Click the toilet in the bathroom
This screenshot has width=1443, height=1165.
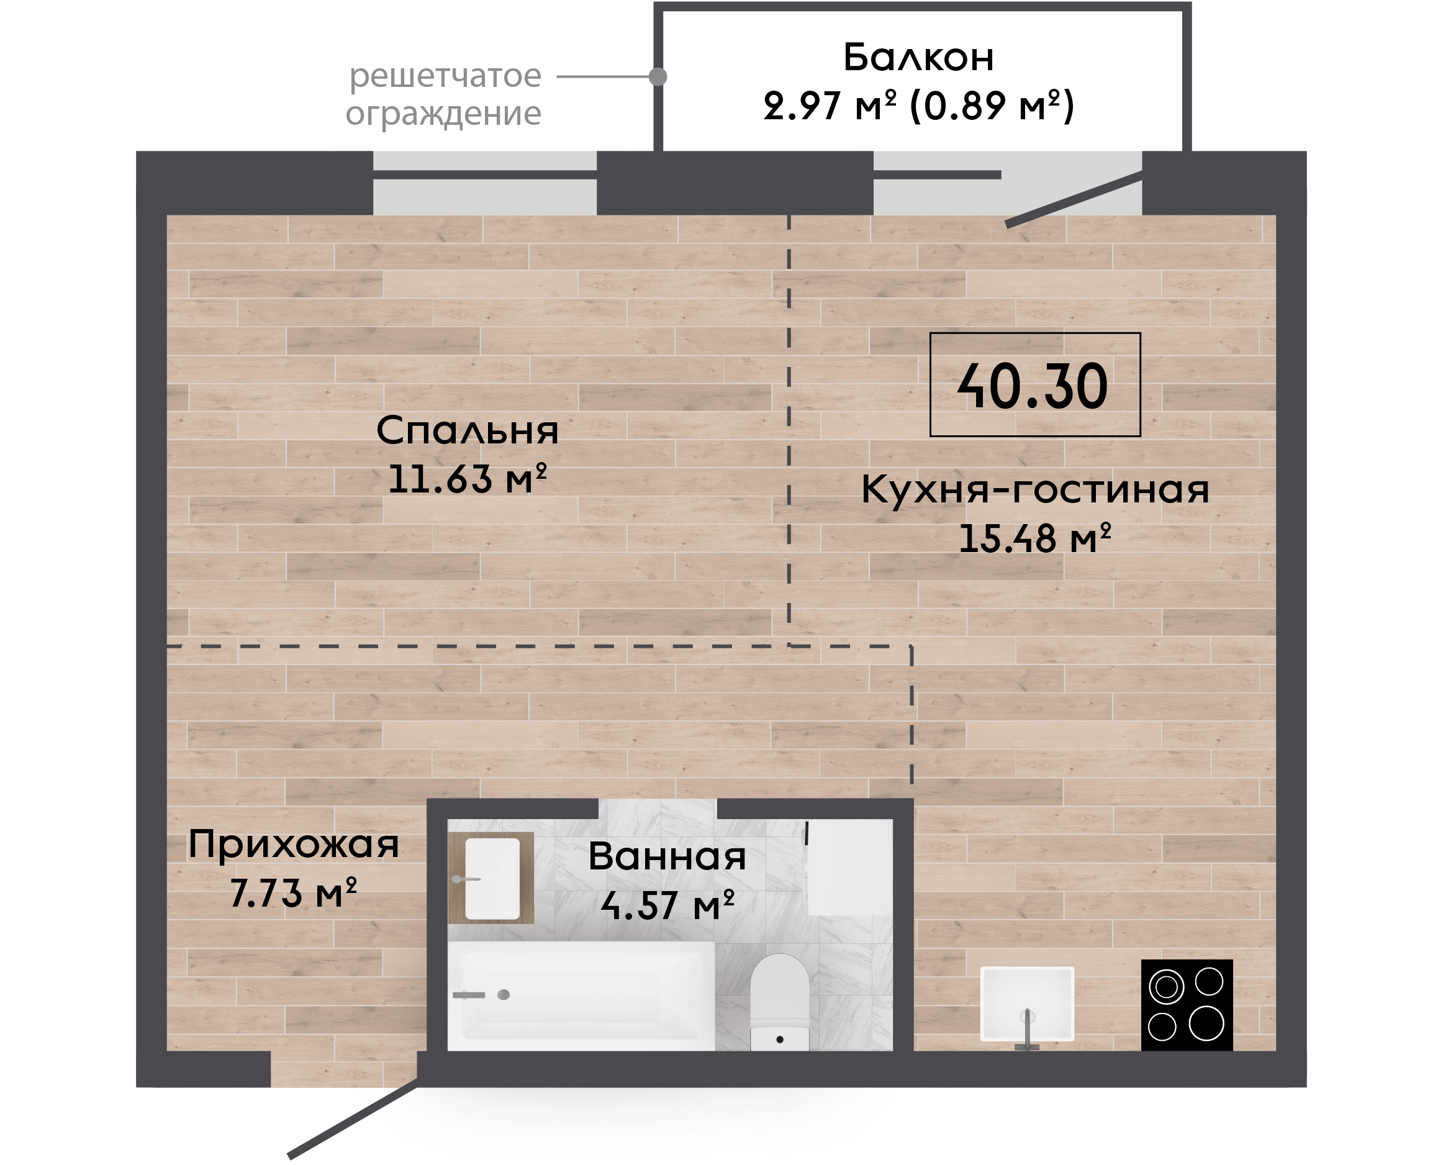(x=779, y=1002)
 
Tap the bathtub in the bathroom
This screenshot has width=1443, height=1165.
(x=581, y=996)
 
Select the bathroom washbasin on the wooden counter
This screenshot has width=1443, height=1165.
(x=492, y=879)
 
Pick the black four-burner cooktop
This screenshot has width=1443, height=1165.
(x=1187, y=1005)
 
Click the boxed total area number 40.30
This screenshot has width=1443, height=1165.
(x=1033, y=386)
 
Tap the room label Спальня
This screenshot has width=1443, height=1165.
(x=467, y=430)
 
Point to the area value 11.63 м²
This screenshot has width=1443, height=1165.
(x=468, y=478)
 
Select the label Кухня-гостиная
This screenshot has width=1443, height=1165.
(x=1035, y=489)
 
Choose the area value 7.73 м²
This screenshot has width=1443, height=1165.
(x=293, y=892)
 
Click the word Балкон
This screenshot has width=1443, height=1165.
(x=918, y=57)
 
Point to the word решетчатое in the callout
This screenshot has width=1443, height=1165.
(x=445, y=76)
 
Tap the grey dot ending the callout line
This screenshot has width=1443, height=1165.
(x=658, y=76)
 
